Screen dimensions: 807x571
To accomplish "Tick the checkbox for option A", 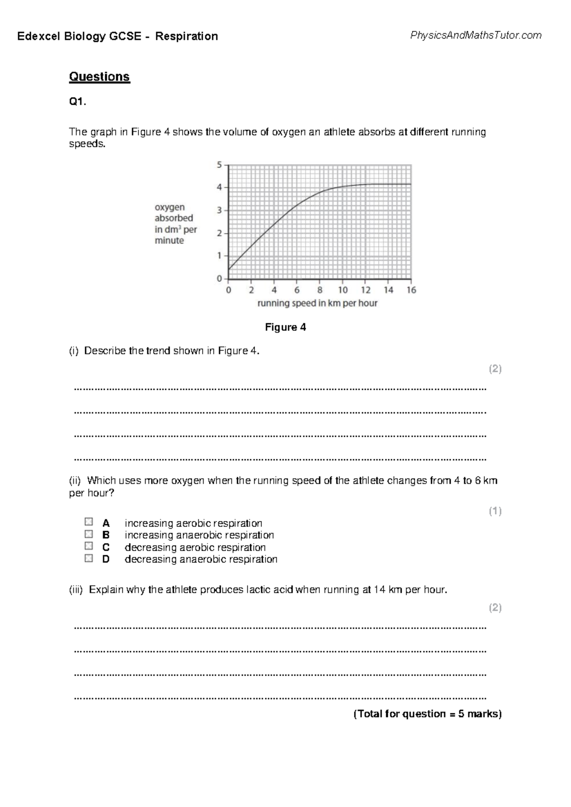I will click(x=89, y=522).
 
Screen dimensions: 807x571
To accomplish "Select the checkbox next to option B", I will click(x=89, y=534).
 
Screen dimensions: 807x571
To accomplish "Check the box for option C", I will click(x=89, y=546).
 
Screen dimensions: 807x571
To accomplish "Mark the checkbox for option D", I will click(x=89, y=558).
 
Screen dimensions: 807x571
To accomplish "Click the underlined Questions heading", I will click(x=99, y=77).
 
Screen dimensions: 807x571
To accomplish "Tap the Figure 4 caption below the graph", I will click(x=285, y=327).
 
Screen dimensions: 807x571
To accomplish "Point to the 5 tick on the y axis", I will click(x=219, y=165).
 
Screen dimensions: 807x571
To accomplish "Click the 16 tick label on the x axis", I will click(x=411, y=290).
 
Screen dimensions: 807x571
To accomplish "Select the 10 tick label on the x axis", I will click(x=343, y=290).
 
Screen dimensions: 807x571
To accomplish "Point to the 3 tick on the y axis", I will click(x=219, y=210).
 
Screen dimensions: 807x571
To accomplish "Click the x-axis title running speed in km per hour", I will click(x=317, y=303).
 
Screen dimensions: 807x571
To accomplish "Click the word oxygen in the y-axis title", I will click(x=169, y=207).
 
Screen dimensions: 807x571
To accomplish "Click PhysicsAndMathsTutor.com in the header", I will click(x=475, y=35).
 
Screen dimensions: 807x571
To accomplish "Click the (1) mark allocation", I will click(x=495, y=511).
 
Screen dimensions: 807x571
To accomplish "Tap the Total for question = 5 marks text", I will click(x=427, y=714).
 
